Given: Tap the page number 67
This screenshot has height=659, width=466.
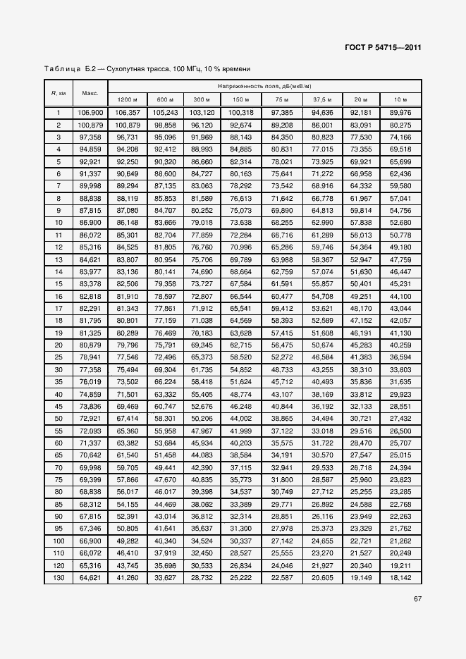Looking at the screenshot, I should tap(417, 601).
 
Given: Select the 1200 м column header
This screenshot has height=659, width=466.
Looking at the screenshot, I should tap(128, 99).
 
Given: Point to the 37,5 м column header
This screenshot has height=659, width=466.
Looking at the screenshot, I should tap(323, 99).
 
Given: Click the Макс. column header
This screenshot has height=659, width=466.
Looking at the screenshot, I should tap(90, 93).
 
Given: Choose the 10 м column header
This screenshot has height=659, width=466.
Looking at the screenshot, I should tap(400, 99).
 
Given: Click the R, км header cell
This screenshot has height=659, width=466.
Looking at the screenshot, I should tap(59, 93).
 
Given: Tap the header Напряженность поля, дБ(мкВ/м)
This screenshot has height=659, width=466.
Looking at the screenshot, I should tap(264, 86).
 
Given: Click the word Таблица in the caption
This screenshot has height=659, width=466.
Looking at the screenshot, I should tap(62, 69).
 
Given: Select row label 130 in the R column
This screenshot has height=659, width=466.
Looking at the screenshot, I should tap(59, 578).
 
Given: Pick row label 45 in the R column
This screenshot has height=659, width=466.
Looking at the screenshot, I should tap(59, 407).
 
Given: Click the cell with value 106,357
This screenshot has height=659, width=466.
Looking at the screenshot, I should tap(128, 112).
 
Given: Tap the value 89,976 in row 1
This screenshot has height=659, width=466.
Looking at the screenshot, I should tap(400, 112).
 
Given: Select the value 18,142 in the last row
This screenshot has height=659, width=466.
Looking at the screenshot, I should tap(400, 578).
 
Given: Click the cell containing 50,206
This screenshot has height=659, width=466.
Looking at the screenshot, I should tap(202, 419).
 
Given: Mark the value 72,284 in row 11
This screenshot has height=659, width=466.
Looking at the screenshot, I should tap(240, 235).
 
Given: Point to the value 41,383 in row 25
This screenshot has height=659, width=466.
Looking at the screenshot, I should tap(362, 357).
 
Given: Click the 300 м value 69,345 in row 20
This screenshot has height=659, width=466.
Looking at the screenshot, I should tap(202, 345).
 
